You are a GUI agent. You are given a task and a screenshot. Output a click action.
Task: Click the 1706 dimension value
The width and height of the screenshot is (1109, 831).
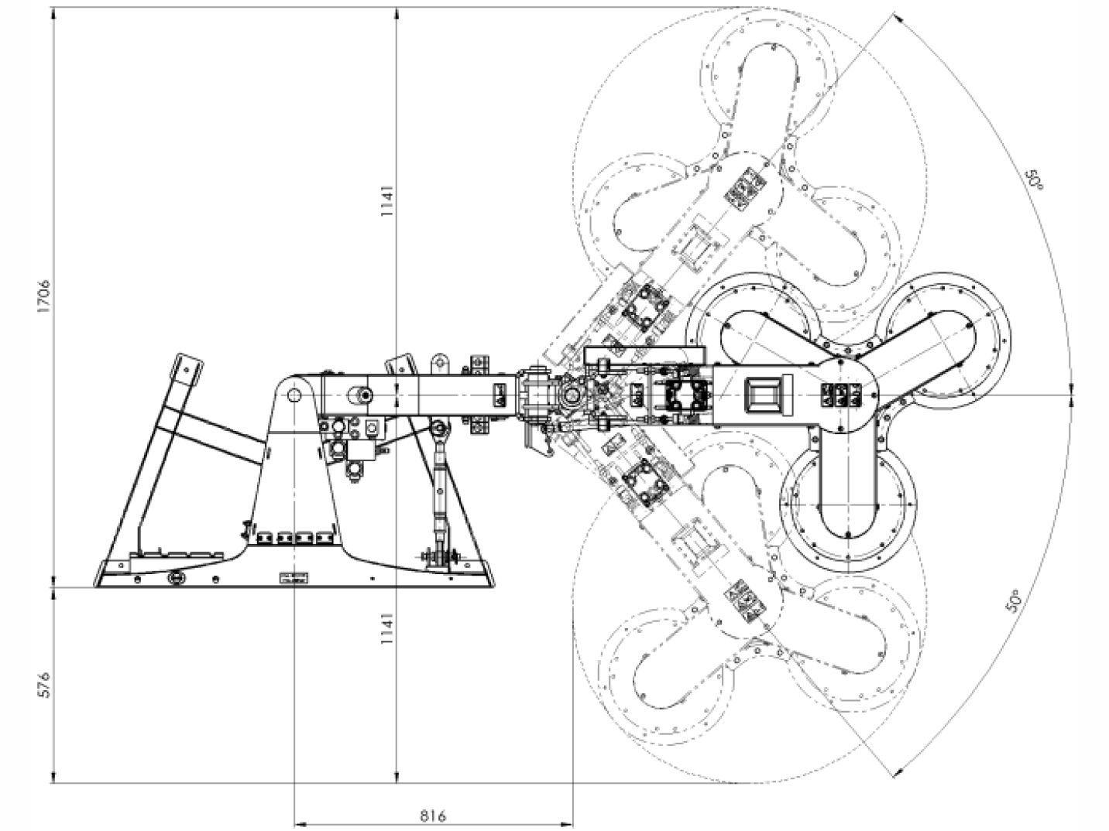pyautogui.click(x=44, y=296)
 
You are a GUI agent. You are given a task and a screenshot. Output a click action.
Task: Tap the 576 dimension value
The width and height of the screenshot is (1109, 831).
pyautogui.click(x=44, y=686)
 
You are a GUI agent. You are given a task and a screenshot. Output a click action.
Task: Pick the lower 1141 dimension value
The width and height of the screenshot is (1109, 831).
pyautogui.click(x=387, y=629)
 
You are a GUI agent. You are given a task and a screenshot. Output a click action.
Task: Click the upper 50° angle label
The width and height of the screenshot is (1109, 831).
pyautogui.click(x=1034, y=180)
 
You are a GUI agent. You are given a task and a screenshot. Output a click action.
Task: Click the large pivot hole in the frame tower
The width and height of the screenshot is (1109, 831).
pyautogui.click(x=294, y=395)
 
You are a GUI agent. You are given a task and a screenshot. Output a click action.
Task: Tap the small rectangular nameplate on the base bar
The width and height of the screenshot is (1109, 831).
pyautogui.click(x=294, y=578)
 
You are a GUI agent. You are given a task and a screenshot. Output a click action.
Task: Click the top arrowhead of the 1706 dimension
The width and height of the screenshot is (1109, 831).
pyautogui.click(x=53, y=14)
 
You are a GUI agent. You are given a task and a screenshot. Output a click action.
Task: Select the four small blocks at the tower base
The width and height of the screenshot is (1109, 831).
pyautogui.click(x=294, y=538)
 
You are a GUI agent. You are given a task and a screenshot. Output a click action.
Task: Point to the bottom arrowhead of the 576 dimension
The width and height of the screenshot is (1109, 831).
pyautogui.click(x=53, y=777)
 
